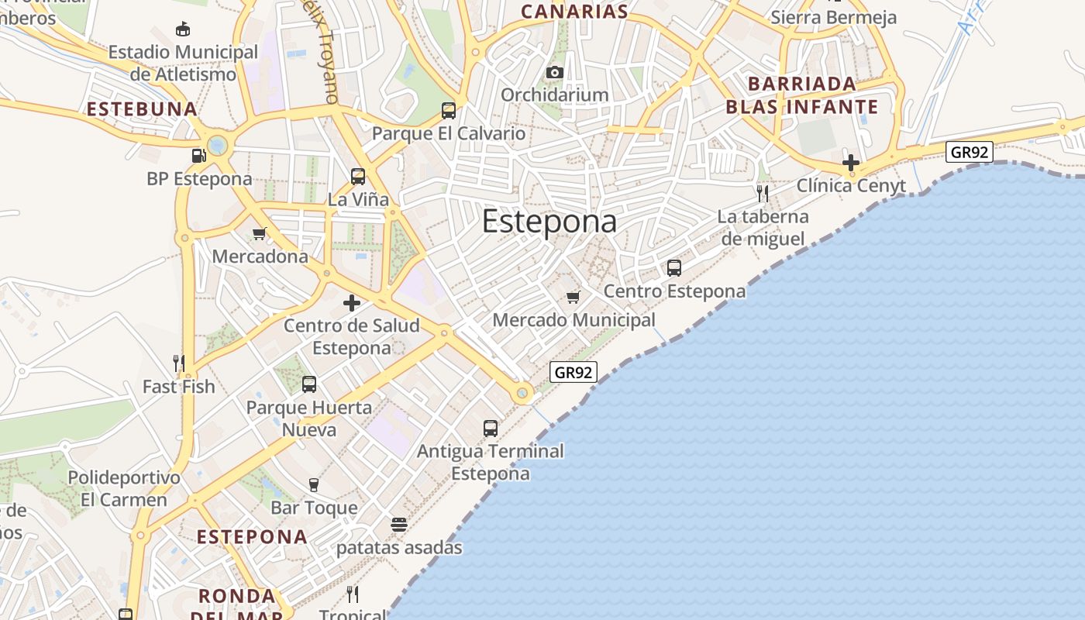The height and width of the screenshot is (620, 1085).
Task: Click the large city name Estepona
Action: tap(549, 222)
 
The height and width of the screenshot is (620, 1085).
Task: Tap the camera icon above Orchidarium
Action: tap(554, 73)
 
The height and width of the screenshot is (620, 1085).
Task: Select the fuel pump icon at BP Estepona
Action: tap(199, 156)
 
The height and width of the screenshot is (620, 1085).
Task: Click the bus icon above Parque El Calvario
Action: tap(449, 111)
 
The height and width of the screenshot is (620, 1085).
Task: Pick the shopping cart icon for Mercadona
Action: tap(260, 233)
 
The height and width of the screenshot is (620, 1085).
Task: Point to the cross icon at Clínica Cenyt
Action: tap(851, 163)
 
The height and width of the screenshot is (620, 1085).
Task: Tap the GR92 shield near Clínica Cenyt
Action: tap(969, 152)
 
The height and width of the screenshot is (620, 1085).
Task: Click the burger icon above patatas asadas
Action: tap(399, 525)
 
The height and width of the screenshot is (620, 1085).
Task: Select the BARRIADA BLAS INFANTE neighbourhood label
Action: tap(801, 95)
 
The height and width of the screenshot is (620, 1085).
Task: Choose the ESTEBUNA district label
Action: tap(143, 109)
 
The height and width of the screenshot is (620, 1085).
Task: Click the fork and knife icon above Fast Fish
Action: tap(179, 363)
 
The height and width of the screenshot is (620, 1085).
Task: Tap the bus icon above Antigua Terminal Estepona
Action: tap(491, 428)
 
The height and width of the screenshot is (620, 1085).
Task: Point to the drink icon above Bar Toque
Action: tap(314, 485)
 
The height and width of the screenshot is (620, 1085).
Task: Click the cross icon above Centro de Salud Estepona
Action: tap(352, 302)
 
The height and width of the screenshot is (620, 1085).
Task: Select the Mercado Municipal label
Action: tap(573, 320)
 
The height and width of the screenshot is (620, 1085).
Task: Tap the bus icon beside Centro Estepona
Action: tap(674, 268)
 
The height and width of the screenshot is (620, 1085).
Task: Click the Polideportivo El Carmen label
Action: tap(124, 488)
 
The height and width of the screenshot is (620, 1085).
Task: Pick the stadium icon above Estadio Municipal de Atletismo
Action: tap(183, 29)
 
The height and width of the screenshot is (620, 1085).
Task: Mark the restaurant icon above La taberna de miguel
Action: tap(763, 193)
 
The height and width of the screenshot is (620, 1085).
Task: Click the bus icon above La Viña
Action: tap(357, 177)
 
